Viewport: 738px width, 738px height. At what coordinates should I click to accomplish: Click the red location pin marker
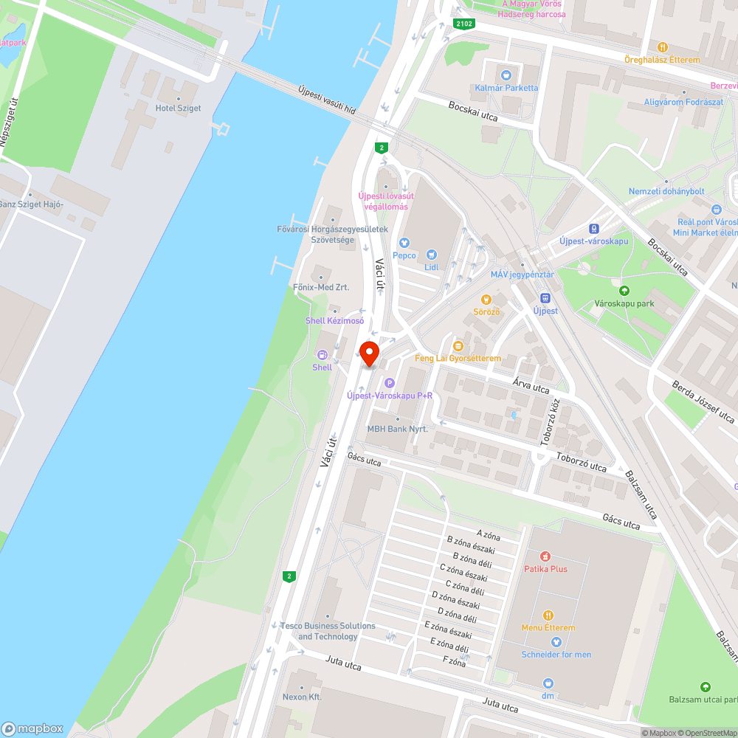click(x=368, y=353)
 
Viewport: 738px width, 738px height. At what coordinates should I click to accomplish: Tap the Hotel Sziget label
click(x=178, y=108)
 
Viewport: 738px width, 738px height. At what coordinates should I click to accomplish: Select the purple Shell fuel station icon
click(x=322, y=355)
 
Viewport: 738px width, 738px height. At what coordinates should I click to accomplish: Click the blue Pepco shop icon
click(x=404, y=243)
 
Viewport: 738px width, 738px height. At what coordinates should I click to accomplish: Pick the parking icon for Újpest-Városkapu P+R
click(x=390, y=383)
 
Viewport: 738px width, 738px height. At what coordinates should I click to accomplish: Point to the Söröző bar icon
click(x=486, y=299)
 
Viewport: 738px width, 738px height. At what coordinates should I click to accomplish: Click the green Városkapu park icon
click(x=624, y=291)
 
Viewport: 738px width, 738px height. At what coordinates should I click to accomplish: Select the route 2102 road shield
click(x=464, y=24)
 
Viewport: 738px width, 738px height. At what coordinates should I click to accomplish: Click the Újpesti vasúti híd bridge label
click(x=327, y=100)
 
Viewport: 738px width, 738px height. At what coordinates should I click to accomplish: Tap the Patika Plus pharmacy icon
click(x=545, y=556)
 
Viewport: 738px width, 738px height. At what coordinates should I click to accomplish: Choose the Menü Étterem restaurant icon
click(x=548, y=615)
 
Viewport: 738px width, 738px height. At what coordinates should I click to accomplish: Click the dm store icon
click(x=548, y=683)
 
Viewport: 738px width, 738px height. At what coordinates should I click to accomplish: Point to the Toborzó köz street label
click(x=550, y=424)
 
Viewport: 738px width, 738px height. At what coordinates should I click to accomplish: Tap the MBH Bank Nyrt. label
click(x=398, y=429)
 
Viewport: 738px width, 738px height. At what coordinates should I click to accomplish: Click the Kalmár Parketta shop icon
click(x=506, y=75)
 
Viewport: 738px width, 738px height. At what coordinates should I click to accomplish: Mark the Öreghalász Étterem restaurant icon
click(x=662, y=46)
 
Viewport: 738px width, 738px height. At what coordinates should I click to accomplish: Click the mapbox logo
click(x=32, y=728)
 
